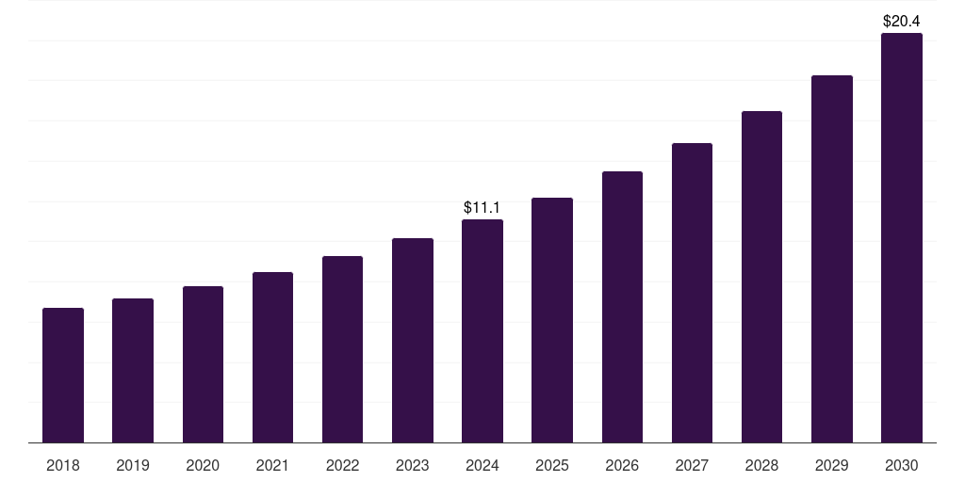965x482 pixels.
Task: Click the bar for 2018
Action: (63, 375)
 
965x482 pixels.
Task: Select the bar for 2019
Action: (133, 370)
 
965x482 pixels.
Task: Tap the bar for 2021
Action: (272, 357)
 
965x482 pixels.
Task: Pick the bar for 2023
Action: (413, 340)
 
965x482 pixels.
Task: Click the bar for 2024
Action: (482, 330)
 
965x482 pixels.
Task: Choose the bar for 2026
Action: (622, 307)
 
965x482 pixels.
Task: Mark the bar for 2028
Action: (761, 277)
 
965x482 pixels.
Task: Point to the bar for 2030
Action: (902, 237)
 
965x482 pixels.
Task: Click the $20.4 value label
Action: (902, 20)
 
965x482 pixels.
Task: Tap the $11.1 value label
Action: (482, 207)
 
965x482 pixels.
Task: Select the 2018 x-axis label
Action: (63, 465)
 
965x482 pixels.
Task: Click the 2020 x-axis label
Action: (203, 465)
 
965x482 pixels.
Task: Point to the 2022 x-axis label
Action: (342, 465)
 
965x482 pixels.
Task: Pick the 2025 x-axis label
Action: (552, 465)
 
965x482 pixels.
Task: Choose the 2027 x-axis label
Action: (692, 465)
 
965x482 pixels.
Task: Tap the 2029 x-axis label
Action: (831, 465)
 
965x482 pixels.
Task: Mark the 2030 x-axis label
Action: (902, 465)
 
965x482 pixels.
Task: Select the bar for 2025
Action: (552, 320)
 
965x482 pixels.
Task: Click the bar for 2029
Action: (831, 259)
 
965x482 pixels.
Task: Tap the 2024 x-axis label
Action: (482, 465)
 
